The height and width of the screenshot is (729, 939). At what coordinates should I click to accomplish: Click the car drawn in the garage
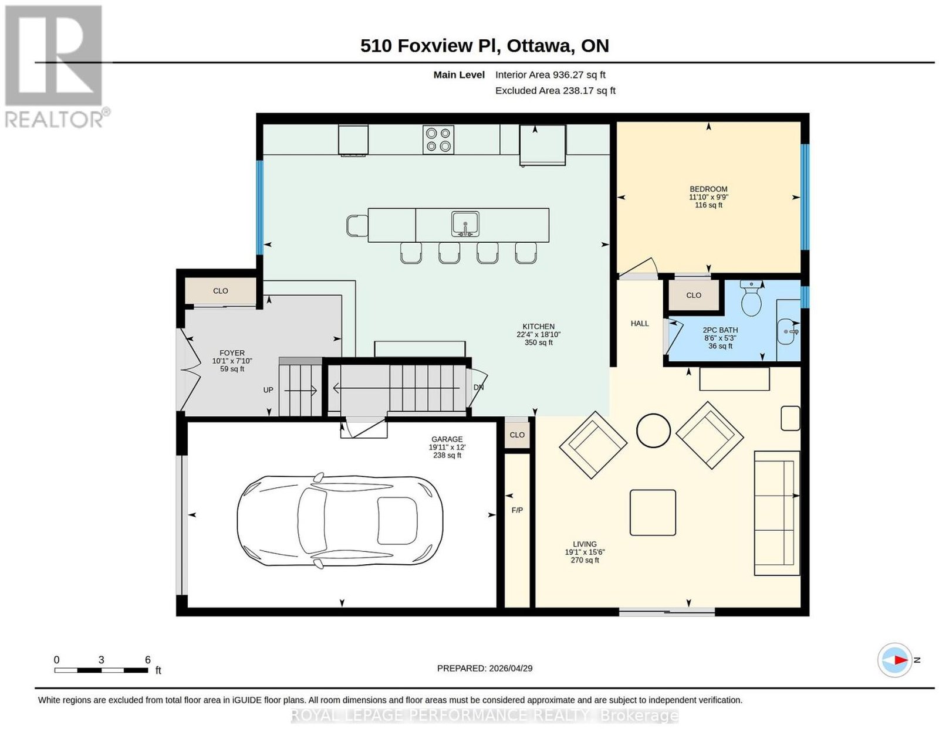coord(340,521)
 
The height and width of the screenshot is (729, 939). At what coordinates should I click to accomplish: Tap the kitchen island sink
coord(465,224)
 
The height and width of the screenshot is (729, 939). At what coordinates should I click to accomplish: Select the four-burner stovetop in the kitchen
coord(438,140)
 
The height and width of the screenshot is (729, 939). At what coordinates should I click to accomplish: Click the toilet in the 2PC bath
coord(751,298)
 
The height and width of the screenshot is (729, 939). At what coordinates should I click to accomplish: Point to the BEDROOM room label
coord(708,189)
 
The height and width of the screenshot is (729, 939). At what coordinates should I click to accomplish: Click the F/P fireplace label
coord(517,510)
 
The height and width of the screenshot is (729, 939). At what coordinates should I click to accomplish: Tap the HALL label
coord(640,323)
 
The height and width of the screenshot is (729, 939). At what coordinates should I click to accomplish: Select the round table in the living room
coord(653,430)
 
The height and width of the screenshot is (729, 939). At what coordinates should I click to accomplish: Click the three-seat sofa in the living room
coord(776,513)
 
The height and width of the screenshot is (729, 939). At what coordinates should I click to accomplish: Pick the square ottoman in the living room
coord(653,513)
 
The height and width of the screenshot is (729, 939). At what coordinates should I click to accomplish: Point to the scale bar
coord(101,670)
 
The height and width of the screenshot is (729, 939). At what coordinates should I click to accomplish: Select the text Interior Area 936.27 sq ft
coord(550,74)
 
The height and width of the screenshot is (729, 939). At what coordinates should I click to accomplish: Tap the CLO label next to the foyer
coord(221,291)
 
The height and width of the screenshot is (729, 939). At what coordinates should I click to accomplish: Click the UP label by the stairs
coord(268,390)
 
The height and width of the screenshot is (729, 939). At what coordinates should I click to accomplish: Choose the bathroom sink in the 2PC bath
coord(788,331)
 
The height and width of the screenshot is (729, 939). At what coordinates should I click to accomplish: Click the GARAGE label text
coord(447,439)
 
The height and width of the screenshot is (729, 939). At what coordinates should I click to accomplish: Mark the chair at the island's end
coord(357,226)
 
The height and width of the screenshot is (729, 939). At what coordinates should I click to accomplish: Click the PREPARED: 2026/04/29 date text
coord(485,669)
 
